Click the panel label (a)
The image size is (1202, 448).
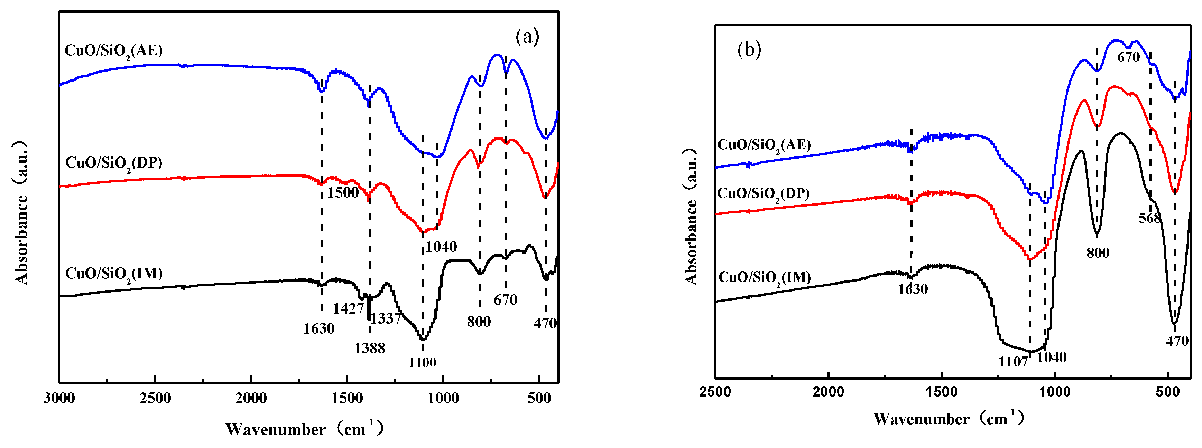[527, 36]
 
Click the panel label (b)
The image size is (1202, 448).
[749, 49]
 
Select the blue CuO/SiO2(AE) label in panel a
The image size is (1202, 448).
[113, 50]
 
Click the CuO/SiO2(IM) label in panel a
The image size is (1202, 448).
[114, 274]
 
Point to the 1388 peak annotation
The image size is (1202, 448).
[369, 348]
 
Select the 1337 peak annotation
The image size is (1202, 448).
[386, 318]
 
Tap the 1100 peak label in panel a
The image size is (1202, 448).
[422, 362]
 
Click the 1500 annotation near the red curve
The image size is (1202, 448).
[342, 192]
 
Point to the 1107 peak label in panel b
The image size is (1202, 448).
[1013, 361]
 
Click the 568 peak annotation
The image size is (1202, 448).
[1149, 218]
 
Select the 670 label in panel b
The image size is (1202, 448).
[1128, 57]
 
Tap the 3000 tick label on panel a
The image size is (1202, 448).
[59, 398]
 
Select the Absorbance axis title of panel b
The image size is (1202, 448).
[691, 217]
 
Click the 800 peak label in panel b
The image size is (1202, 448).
[1098, 253]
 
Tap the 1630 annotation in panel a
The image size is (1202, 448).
[319, 328]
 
